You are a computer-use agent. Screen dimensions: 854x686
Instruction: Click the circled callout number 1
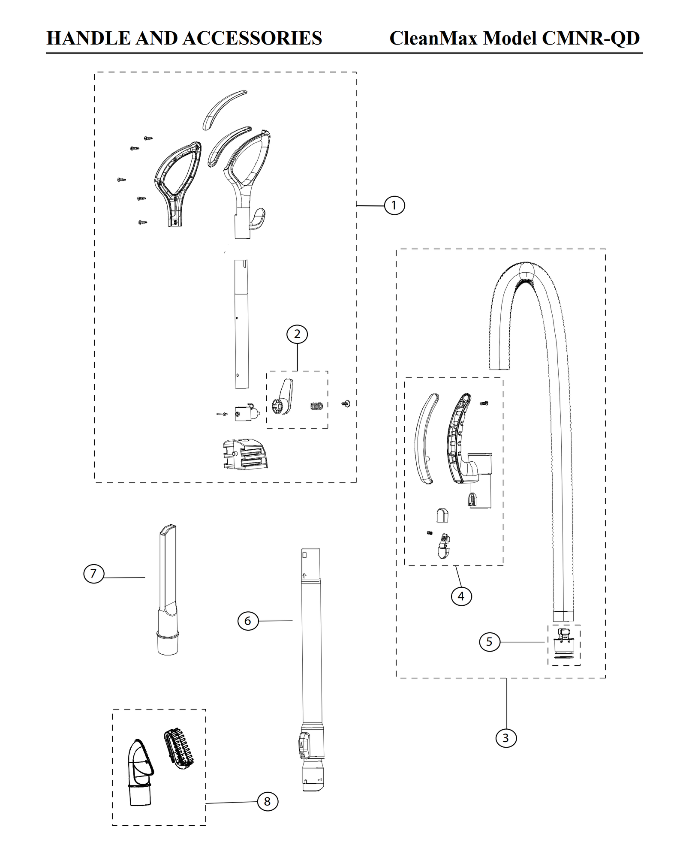(394, 205)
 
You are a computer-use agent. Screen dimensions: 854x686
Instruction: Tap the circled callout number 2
(297, 334)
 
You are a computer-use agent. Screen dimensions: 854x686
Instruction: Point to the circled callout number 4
(461, 596)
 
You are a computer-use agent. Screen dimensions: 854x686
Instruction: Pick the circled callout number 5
(489, 642)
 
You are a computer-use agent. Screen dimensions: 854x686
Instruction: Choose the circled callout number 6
(248, 620)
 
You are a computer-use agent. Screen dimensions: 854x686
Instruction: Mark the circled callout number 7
(93, 574)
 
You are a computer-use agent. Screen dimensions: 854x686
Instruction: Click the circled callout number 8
(267, 801)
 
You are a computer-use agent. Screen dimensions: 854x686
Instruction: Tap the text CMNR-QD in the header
(590, 38)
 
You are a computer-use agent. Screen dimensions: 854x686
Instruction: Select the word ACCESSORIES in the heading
(253, 38)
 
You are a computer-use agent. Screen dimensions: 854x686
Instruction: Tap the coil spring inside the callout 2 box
(316, 405)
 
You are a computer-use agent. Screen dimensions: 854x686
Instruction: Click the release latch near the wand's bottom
(304, 746)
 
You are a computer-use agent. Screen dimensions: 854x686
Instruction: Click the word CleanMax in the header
(433, 38)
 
